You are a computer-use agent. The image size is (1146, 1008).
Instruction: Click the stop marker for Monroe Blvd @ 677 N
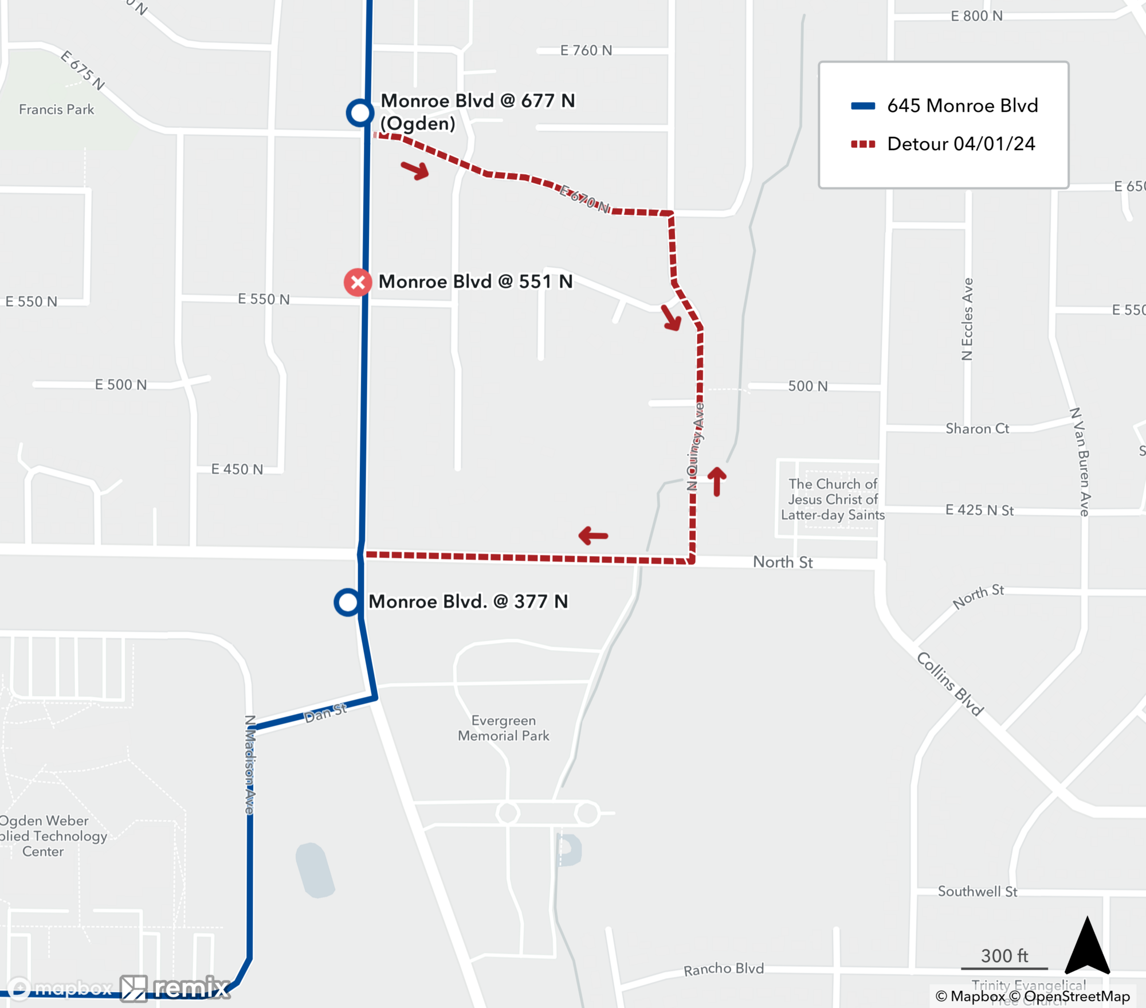point(360,112)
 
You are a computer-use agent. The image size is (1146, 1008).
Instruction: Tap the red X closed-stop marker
point(358,282)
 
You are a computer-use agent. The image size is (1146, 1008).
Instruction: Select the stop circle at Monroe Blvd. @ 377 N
point(348,602)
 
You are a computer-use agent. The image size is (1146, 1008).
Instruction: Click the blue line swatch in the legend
point(863,106)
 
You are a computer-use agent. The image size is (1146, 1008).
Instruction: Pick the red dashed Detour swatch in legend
point(863,144)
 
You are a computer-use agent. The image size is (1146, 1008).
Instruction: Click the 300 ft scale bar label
point(1004,956)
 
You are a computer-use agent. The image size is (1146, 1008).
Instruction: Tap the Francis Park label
point(56,110)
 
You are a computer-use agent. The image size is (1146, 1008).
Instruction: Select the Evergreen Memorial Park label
point(503,728)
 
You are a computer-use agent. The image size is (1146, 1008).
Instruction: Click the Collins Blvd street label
point(950,684)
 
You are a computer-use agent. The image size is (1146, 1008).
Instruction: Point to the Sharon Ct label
point(977,429)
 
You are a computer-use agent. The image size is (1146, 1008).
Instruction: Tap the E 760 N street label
point(586,50)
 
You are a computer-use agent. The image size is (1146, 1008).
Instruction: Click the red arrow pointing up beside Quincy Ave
point(717,480)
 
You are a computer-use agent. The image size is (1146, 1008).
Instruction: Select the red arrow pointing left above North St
point(593,536)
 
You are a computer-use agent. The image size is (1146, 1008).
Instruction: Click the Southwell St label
point(977,892)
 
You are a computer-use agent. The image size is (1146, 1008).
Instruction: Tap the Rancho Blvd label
point(723,969)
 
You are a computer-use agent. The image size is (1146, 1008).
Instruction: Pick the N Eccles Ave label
point(967,319)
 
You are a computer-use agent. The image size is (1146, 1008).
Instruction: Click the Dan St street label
point(325,713)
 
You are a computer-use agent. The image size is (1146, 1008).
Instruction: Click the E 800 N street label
point(976,16)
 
